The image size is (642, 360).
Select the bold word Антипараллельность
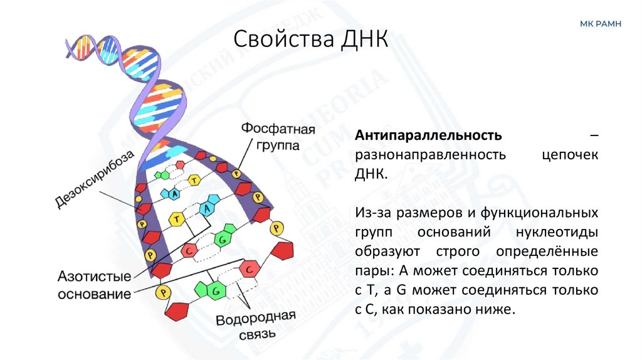pos(428,135)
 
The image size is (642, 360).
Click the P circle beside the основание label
pos(164,292)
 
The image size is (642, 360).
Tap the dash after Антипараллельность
pos(593,135)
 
